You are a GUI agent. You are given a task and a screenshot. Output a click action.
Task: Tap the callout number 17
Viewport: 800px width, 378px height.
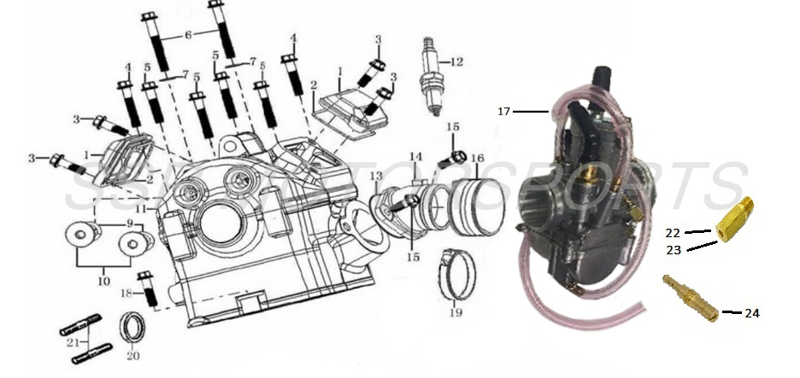click(x=503, y=111)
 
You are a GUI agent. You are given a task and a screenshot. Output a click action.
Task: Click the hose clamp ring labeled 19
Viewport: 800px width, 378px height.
click(x=454, y=274)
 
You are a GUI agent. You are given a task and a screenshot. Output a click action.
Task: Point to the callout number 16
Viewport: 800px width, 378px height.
click(x=477, y=159)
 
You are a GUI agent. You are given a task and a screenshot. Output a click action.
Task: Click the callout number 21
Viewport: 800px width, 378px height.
click(x=73, y=342)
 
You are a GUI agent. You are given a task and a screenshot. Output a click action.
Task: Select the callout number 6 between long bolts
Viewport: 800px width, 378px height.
click(x=188, y=35)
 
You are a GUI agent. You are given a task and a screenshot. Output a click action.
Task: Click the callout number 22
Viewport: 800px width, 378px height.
click(x=673, y=232)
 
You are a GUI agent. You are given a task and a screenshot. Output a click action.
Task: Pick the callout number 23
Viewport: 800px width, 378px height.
click(x=674, y=249)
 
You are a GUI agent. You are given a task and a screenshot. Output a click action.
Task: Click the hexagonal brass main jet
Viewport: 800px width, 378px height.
click(x=733, y=220)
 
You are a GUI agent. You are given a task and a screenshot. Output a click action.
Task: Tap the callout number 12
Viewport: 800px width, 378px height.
click(x=457, y=61)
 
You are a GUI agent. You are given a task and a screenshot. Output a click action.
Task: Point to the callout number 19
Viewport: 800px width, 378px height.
click(x=456, y=313)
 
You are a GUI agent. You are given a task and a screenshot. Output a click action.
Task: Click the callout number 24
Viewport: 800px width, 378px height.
click(x=751, y=313)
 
